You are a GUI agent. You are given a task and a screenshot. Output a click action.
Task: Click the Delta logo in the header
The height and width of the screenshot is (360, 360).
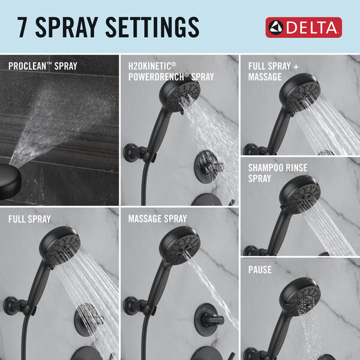coord(303,27)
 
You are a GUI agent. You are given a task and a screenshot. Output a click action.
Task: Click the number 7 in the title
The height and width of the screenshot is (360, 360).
coord(22,27)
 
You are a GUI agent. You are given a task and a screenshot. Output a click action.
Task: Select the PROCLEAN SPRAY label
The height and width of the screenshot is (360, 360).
coord(43,66)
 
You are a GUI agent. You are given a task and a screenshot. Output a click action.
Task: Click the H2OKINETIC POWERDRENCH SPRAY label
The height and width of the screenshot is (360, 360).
coord(170,71)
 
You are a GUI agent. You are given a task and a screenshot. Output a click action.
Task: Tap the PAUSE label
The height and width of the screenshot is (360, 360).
coord(260,270)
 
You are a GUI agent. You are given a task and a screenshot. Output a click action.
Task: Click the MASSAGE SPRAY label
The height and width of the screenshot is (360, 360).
coord(157,219)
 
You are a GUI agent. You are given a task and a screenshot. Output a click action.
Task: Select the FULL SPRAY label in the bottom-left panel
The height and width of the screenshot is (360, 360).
coord(29,219)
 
